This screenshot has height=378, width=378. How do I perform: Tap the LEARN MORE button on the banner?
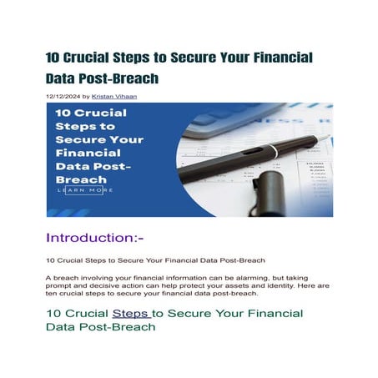click(x=85, y=190)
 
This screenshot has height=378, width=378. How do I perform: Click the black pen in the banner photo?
click(x=250, y=154)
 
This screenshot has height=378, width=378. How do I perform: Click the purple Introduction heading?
click(x=94, y=237)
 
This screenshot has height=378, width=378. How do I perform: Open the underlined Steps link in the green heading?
click(x=129, y=314)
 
